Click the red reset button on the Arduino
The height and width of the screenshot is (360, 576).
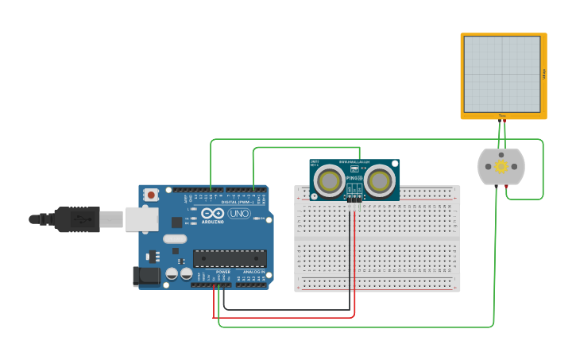pyautogui.click(x=151, y=195)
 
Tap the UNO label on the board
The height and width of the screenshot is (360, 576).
pyautogui.click(x=239, y=214)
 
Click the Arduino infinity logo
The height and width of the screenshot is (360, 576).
pyautogui.click(x=212, y=213)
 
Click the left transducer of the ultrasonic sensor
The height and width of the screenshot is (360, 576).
pyautogui.click(x=328, y=181)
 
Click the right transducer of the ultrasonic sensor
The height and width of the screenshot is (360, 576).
pyautogui.click(x=380, y=181)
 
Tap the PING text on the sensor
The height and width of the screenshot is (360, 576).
pyautogui.click(x=354, y=178)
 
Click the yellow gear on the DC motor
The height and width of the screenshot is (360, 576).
pyautogui.click(x=501, y=167)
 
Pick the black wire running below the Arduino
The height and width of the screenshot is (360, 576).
pyautogui.click(x=286, y=309)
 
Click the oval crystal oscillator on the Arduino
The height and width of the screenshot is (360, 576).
pyautogui.click(x=175, y=238)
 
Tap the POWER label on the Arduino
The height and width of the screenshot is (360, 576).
pyautogui.click(x=223, y=272)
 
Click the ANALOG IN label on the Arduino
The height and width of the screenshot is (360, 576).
pyautogui.click(x=253, y=272)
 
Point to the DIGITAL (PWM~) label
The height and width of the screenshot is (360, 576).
pyautogui.click(x=238, y=203)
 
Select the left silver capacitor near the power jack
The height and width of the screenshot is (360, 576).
pyautogui.click(x=171, y=274)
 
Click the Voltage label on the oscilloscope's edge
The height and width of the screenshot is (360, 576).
pyautogui.click(x=544, y=74)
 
